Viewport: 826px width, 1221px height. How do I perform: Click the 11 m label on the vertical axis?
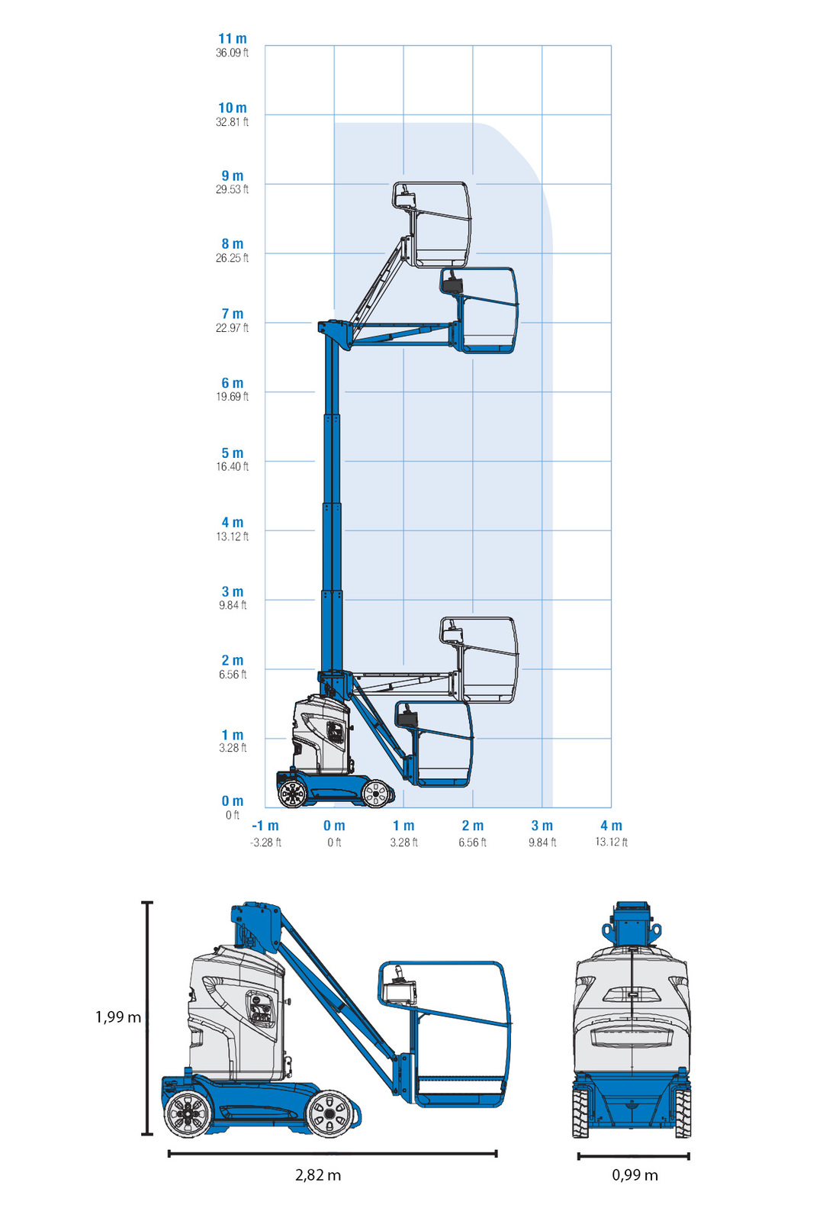tap(233, 39)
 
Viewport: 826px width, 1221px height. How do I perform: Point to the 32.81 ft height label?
tap(232, 122)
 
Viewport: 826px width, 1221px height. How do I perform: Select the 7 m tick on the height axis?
tap(233, 314)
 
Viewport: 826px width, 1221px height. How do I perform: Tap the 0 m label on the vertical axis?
tap(233, 801)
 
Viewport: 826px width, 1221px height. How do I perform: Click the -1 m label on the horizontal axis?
tap(265, 826)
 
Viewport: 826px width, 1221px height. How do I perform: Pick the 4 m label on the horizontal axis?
tap(611, 826)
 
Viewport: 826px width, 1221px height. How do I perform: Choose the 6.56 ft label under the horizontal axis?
tap(472, 842)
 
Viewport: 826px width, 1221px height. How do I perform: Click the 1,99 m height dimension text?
tap(118, 1017)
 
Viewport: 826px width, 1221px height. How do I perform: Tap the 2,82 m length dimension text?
tap(318, 1175)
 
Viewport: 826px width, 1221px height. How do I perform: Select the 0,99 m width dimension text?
tap(635, 1175)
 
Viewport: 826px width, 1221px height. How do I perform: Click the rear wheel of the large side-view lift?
tap(186, 1114)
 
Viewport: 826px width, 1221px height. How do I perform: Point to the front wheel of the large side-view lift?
tap(329, 1114)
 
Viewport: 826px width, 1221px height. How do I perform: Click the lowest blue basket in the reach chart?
tap(435, 744)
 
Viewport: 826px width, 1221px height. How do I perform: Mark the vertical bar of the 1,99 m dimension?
tap(147, 1018)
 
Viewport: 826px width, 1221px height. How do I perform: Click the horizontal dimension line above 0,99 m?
tap(633, 1156)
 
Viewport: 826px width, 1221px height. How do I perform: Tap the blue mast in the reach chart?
tap(332, 504)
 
